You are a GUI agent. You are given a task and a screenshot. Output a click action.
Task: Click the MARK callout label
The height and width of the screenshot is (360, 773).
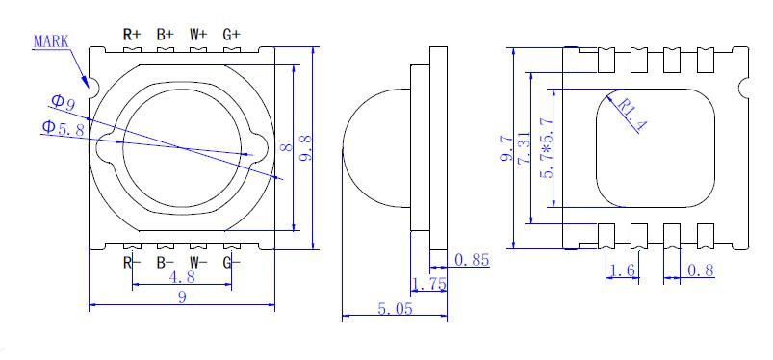tap(51, 41)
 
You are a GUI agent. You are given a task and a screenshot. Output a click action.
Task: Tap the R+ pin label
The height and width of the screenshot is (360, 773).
tap(132, 35)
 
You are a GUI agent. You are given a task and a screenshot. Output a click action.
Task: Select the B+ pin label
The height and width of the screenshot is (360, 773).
tap(166, 35)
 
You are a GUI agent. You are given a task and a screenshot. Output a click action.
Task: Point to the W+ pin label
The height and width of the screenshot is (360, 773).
tap(198, 35)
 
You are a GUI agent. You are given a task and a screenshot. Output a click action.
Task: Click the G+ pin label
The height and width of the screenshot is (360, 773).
tap(232, 35)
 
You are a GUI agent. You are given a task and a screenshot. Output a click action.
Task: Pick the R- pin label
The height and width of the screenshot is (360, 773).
tap(132, 263)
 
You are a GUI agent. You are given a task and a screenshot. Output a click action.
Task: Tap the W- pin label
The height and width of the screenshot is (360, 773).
tap(198, 263)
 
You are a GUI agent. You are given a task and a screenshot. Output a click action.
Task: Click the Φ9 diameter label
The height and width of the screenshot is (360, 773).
tap(64, 103)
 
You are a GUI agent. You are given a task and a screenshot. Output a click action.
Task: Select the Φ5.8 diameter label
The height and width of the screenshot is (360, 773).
tap(63, 128)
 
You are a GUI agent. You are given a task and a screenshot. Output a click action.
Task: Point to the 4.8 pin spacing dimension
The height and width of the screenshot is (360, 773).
tap(182, 276)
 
